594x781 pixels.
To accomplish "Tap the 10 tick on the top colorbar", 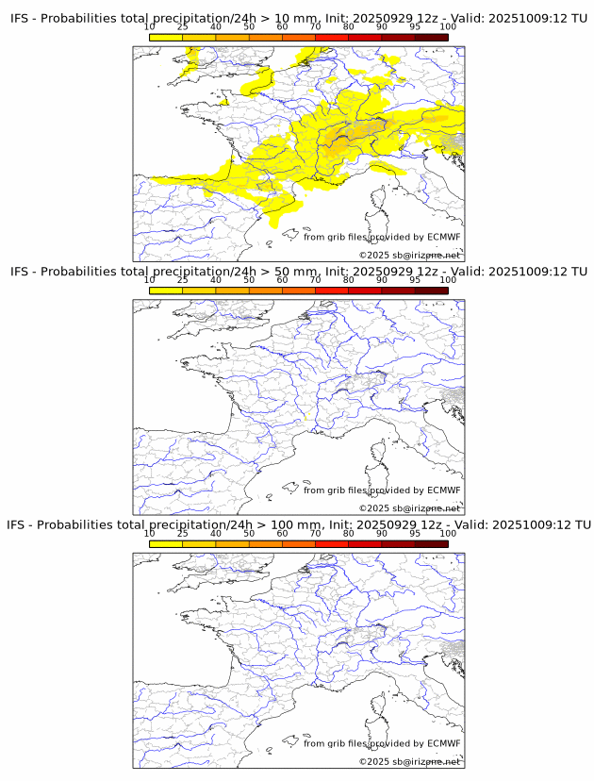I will [x=150, y=26].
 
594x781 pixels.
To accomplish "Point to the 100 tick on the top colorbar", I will [x=448, y=26].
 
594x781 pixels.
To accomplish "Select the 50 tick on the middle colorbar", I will [x=249, y=280].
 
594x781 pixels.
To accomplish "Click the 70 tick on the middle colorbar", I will [x=316, y=280].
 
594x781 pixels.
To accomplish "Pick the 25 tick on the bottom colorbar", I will [x=183, y=533].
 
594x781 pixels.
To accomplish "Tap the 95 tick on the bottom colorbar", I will [x=415, y=533].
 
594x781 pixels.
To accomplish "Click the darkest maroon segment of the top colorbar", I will [x=431, y=37].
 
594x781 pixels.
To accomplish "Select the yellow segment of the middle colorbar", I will [x=166, y=291].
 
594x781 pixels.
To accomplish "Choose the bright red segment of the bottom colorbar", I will [x=332, y=543].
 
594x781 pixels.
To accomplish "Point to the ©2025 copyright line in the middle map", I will [x=409, y=508].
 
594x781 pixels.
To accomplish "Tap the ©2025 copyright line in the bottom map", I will [x=409, y=761].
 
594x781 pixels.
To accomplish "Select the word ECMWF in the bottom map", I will [x=443, y=743].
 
